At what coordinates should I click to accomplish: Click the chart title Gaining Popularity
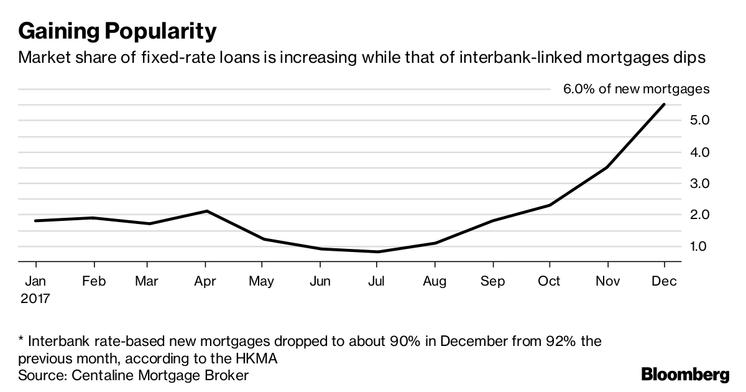tap(117, 30)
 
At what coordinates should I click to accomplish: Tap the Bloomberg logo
tap(685, 375)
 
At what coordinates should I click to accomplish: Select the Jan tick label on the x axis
tap(35, 282)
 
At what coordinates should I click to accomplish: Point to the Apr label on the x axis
tap(205, 282)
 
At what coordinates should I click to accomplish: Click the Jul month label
tap(377, 282)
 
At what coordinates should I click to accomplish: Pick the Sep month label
tap(492, 282)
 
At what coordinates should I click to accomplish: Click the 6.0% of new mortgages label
tap(636, 89)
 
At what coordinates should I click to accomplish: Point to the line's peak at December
tap(665, 105)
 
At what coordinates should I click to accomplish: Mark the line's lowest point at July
tap(377, 251)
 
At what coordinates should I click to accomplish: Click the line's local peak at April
tap(206, 211)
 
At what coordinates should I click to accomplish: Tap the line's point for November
tap(607, 167)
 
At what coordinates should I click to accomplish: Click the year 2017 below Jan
tap(34, 298)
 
